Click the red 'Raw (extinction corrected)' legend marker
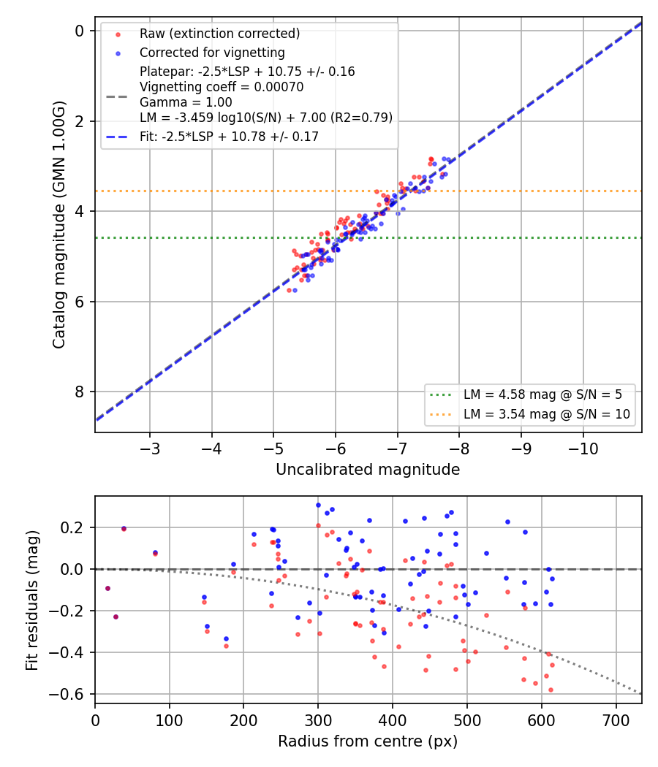coord(118,34)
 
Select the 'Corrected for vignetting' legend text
coord(212,53)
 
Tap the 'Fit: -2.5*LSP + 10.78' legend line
coord(116,137)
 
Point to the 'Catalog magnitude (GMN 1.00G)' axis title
coord(58,224)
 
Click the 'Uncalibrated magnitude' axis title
coord(368,470)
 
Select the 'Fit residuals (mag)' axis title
coord(32,600)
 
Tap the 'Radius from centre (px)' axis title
coord(368,741)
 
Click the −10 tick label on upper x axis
coord(583,449)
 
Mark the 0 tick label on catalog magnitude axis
coord(79,31)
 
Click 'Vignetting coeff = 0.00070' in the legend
coord(222,87)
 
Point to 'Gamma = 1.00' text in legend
coord(186,102)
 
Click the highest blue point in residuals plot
coord(318,505)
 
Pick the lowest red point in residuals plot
coord(551,690)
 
